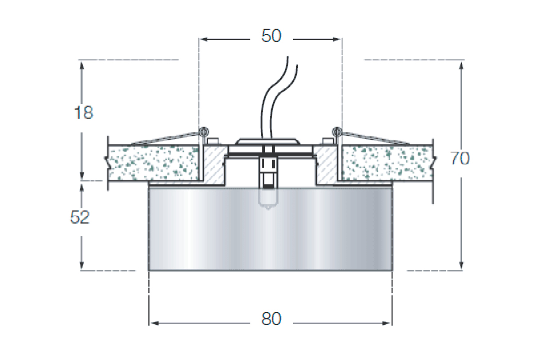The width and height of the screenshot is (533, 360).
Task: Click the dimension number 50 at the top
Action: (271, 36)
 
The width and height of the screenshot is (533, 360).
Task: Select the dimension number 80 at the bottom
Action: (271, 319)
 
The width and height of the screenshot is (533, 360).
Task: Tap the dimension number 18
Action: (84, 112)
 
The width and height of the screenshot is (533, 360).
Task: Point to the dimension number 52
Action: (80, 217)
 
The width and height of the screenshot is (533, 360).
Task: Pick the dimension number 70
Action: (460, 158)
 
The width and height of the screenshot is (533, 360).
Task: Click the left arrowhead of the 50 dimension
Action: (204, 39)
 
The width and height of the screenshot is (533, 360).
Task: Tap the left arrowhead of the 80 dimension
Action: (154, 324)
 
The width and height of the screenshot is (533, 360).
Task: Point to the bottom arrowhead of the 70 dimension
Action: (461, 265)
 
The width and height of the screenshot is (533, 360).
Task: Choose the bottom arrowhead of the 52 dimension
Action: (82, 265)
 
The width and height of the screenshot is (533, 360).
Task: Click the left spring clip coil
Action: (204, 131)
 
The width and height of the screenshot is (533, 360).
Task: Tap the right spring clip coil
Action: (337, 131)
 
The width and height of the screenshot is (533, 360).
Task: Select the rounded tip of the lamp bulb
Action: (268, 208)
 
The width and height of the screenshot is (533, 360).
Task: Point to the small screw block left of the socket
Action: (213, 140)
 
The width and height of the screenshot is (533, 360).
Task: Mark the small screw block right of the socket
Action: (328, 140)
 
